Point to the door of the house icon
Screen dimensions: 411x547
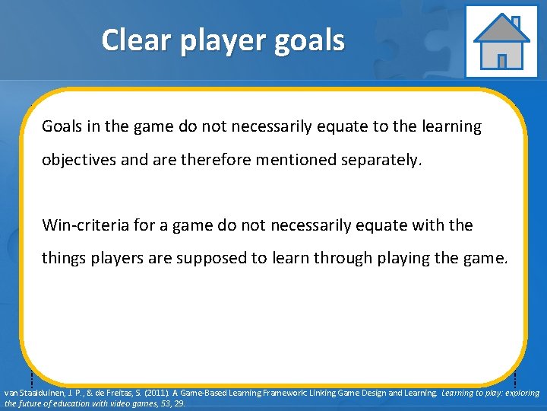tap(501, 60)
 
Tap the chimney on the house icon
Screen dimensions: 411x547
tap(516, 22)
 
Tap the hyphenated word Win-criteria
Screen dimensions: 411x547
tap(83, 225)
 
